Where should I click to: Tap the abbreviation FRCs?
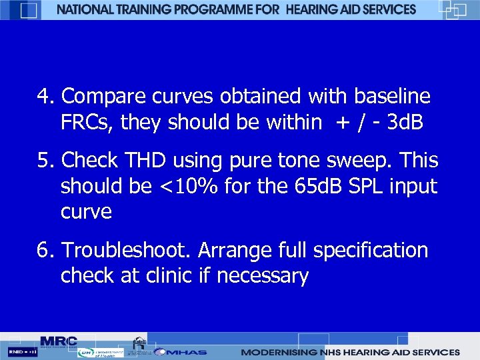[x=87, y=123]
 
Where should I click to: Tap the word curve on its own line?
[x=86, y=212]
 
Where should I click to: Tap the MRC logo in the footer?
[x=58, y=341]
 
